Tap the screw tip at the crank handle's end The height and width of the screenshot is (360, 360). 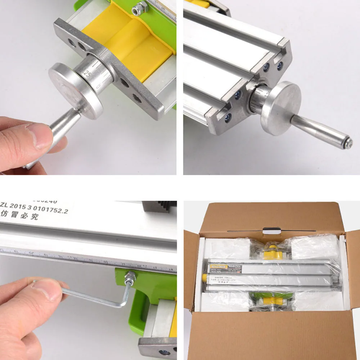(x=348, y=143)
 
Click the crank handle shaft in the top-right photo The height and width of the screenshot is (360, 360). (x=320, y=131)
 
